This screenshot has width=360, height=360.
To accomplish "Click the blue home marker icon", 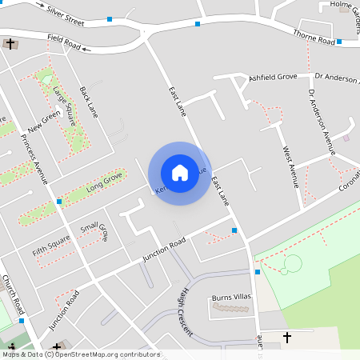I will tap(180, 173).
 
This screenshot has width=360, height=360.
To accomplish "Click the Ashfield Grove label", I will tap(273, 78).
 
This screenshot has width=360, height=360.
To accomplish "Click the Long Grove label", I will tap(104, 182).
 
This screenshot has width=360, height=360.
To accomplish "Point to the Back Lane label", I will tap(88, 102).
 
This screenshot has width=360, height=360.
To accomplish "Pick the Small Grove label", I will tap(94, 231).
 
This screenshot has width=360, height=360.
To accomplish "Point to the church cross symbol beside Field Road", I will tap(10, 43).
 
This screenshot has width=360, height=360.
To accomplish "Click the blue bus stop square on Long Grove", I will tap(59, 202).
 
